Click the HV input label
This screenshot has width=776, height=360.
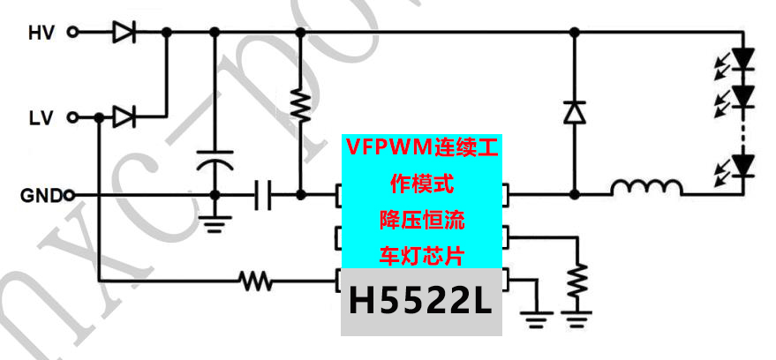(41, 34)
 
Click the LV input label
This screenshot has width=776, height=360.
(41, 116)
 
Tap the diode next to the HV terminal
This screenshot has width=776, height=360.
(122, 34)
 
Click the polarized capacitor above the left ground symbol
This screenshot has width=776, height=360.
(214, 162)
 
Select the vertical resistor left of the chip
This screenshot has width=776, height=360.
(300, 106)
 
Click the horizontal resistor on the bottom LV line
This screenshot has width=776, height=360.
(256, 282)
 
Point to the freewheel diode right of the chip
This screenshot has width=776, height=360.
(575, 113)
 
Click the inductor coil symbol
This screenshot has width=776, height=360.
(646, 189)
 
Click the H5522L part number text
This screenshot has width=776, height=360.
(420, 303)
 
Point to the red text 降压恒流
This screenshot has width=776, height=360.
(421, 218)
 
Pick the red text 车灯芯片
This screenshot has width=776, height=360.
(421, 256)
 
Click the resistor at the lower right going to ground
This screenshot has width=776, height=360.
(577, 281)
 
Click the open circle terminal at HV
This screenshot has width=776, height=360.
(73, 34)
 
